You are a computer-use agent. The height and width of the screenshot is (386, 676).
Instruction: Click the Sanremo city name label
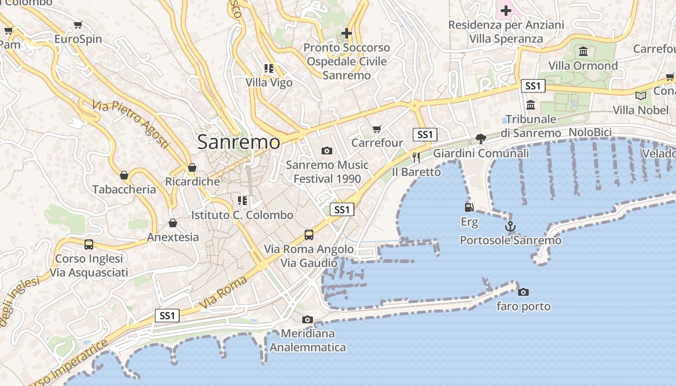tap(239, 142)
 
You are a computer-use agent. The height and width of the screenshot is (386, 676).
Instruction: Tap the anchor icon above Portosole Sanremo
tap(510, 226)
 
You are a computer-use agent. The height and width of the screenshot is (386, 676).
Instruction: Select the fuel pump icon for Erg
tap(468, 207)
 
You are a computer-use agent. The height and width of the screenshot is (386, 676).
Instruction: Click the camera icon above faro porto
tap(523, 292)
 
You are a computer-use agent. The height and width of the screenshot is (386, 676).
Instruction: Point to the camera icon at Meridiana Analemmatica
tap(307, 319)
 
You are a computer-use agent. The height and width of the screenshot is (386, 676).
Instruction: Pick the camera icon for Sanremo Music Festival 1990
tap(327, 151)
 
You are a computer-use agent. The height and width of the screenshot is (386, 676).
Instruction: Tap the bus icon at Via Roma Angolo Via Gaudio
tap(309, 235)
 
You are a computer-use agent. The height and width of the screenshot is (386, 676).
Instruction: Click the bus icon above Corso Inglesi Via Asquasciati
tap(89, 244)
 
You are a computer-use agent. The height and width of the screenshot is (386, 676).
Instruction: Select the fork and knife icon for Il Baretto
tap(416, 157)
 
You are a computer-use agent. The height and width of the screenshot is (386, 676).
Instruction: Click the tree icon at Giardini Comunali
tap(480, 139)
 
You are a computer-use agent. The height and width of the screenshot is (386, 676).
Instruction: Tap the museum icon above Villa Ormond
tap(583, 52)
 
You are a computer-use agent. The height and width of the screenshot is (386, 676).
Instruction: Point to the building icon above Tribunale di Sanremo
tap(531, 105)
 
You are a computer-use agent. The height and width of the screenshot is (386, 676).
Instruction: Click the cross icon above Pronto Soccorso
tap(346, 33)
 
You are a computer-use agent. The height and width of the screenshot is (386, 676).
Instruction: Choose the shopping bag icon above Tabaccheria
tap(124, 175)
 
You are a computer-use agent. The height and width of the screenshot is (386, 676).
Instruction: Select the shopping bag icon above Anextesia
tap(172, 223)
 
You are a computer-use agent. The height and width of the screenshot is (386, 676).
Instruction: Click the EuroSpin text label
tap(78, 39)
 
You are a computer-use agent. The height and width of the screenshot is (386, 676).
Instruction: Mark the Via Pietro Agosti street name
tap(131, 124)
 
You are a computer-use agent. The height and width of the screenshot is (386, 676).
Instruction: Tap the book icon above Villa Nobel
tap(641, 96)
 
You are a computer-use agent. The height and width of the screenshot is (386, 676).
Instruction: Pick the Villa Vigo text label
tap(269, 83)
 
